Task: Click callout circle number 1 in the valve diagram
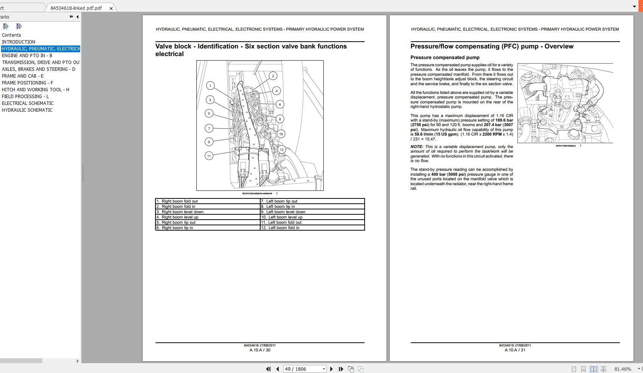coord(211,86)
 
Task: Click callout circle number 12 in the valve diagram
coord(281,150)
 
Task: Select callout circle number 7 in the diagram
coord(209,128)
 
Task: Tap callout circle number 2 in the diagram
coord(273,76)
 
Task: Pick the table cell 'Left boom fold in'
coord(284,228)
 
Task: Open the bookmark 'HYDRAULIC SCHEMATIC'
coord(27,110)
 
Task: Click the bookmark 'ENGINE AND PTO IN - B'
coord(27,56)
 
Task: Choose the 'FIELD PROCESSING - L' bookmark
coord(25,97)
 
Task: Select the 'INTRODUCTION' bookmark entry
coord(19,42)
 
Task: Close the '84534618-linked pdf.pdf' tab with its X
coord(111,8)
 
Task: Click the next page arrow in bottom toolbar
coord(331,369)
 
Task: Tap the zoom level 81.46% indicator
coord(623,369)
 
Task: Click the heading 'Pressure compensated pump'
coord(445,58)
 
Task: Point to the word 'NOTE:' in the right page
coord(417,147)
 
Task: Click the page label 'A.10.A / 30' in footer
coord(260,350)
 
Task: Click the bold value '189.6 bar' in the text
coord(504,120)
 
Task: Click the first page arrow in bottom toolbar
coord(268,369)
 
